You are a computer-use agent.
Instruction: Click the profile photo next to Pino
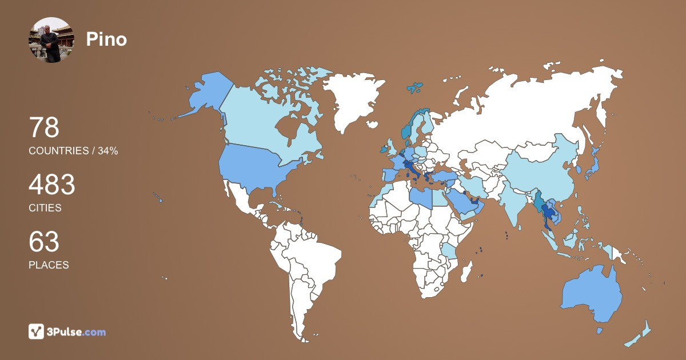coord(52,39)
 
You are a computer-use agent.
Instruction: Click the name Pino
coord(106,39)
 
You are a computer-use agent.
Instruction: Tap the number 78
coord(44,127)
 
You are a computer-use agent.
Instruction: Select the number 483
coord(52,185)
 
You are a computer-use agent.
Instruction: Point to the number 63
coord(44,242)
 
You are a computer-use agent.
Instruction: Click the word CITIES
coord(45,208)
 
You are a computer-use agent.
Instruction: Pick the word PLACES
coord(49,265)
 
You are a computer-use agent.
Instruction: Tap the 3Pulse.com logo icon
coord(37,331)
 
